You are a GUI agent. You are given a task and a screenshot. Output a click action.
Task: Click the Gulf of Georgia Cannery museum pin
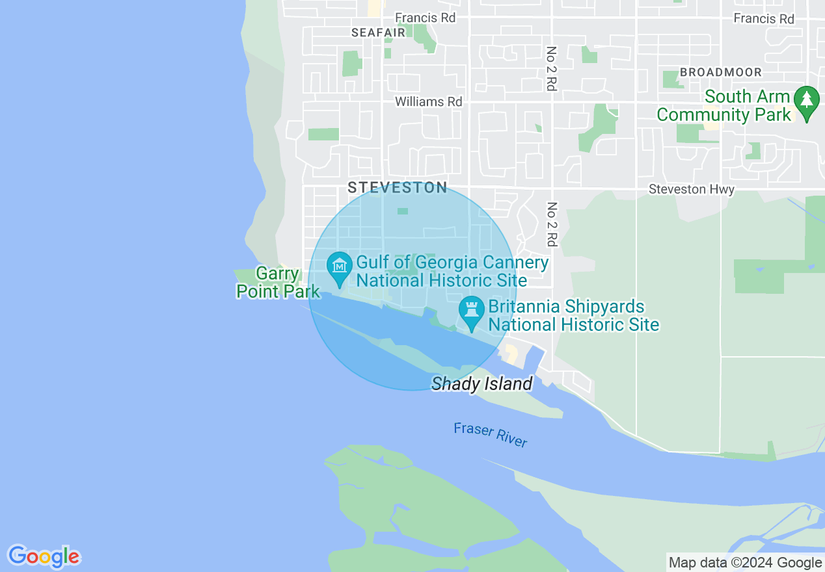339,267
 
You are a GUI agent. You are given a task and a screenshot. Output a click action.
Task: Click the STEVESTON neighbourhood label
397,188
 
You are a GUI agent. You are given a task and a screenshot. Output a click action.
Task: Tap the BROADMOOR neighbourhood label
721,71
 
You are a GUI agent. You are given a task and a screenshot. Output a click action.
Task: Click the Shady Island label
482,383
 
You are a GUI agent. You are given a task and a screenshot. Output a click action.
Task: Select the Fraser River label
491,434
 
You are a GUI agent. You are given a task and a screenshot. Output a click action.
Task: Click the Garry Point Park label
278,283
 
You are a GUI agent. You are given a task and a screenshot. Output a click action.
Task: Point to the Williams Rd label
429,101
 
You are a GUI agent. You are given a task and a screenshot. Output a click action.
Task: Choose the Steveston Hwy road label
692,189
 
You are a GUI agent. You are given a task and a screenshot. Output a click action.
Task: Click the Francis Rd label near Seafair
426,18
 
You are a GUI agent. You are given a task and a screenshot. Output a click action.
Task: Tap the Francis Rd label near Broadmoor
764,18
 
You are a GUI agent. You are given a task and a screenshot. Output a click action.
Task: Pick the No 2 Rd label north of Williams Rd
552,68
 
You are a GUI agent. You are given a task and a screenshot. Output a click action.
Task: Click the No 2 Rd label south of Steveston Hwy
552,224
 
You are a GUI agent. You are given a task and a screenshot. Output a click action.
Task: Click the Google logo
44,556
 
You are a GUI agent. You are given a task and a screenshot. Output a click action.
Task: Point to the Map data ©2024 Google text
746,563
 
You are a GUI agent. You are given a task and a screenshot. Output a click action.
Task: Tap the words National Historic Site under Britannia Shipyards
574,324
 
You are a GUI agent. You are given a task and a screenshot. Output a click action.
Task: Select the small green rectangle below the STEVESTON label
403,211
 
